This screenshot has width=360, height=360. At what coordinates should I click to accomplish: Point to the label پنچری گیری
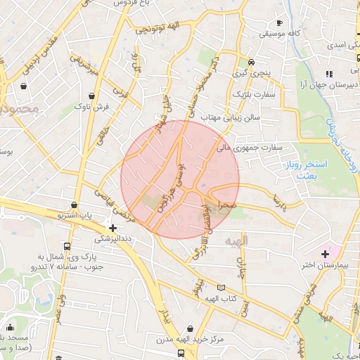pyautogui.click(x=251, y=72)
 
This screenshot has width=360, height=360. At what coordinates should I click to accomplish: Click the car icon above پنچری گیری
pyautogui.click(x=251, y=61)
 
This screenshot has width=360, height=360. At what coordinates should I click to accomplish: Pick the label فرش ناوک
pyautogui.click(x=92, y=106)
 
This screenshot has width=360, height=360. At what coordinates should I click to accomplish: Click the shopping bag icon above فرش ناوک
pyautogui.click(x=92, y=95)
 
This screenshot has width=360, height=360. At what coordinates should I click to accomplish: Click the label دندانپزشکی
pyautogui.click(x=112, y=239)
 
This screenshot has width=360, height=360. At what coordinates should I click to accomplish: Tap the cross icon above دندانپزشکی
pyautogui.click(x=112, y=228)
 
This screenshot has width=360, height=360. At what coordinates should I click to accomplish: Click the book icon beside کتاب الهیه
pyautogui.click(x=222, y=288)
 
